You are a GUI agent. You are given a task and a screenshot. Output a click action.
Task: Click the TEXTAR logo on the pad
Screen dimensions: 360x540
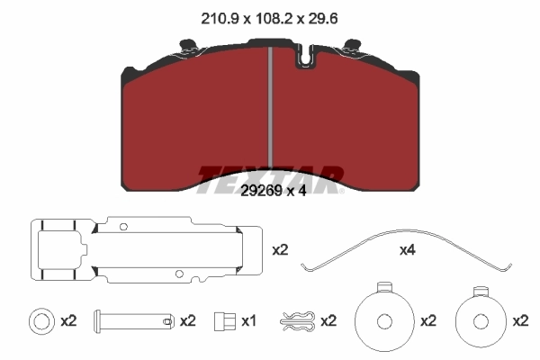pos(270,173)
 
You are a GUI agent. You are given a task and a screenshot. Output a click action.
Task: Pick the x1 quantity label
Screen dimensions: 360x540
pos(249,320)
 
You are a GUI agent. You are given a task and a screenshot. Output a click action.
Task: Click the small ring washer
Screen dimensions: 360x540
pos(40,320)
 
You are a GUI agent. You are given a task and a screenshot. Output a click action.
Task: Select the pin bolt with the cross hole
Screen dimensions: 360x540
pos(139,320)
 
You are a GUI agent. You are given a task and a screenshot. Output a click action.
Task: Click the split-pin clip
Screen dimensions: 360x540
pos(298,320)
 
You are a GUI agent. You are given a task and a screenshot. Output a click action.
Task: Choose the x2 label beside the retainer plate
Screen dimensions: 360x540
pos(281,249)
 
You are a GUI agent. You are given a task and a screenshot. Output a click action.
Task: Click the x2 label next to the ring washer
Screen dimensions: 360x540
pos(69,320)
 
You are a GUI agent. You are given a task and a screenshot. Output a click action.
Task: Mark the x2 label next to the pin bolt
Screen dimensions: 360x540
pos(187,320)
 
